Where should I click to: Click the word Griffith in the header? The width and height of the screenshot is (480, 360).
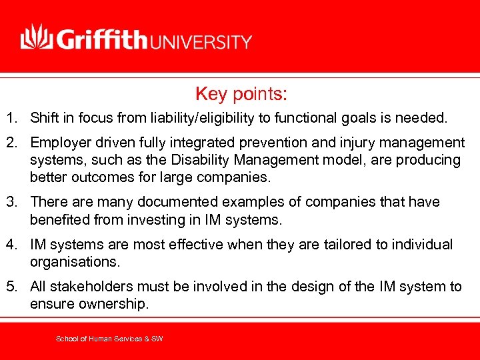(102, 39)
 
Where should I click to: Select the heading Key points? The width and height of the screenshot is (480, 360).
(241, 94)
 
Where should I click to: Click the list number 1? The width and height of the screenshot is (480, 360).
(11, 119)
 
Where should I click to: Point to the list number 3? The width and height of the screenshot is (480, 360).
(11, 201)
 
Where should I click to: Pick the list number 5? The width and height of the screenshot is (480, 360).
(11, 287)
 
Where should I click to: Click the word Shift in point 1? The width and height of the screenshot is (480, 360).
(43, 119)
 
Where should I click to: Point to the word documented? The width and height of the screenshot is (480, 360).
(162, 201)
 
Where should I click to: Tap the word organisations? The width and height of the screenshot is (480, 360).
(71, 261)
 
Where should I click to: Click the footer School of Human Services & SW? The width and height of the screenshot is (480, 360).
(109, 339)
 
